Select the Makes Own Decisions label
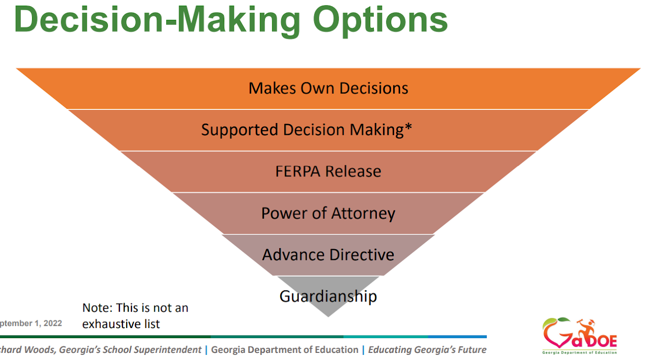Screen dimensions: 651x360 coord(329,88)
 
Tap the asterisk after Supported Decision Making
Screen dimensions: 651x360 coord(408,127)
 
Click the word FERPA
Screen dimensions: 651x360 coord(298,171)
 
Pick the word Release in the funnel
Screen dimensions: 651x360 coord(353,171)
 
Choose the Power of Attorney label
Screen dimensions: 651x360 coord(329,214)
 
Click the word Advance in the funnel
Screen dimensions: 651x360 coord(293,255)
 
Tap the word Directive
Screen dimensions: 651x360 coord(362,255)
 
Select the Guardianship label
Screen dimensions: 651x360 coord(329,296)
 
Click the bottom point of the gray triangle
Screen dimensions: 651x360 coord(329,317)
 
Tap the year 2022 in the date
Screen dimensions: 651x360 coord(52,323)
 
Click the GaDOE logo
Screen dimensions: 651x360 coord(579,336)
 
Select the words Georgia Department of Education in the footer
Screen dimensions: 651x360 coord(285,349)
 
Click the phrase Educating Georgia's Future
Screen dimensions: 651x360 coord(427,350)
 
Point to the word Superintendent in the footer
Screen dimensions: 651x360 coord(168,350)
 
